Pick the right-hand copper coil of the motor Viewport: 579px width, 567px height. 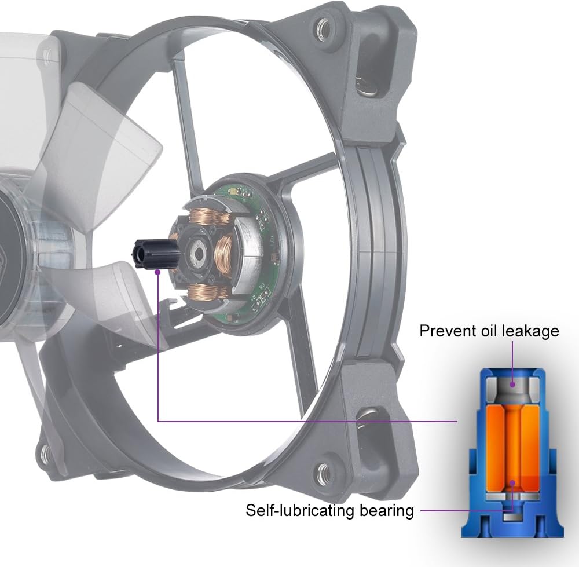pyautogui.click(x=224, y=257)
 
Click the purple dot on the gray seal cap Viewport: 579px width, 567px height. pyautogui.click(x=512, y=383)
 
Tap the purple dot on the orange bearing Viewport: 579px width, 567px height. pyautogui.click(x=512, y=482)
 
